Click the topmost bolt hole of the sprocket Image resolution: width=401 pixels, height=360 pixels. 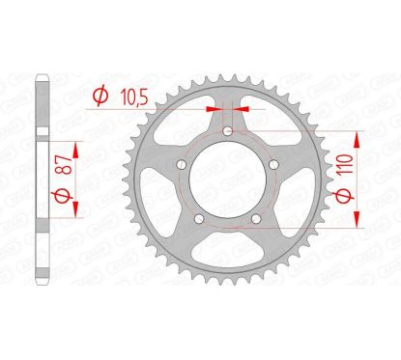[228, 132]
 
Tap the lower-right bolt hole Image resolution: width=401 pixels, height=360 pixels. [256, 219]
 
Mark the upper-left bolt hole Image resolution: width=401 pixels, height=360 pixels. [183, 165]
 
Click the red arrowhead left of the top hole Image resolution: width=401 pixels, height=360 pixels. [217, 109]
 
